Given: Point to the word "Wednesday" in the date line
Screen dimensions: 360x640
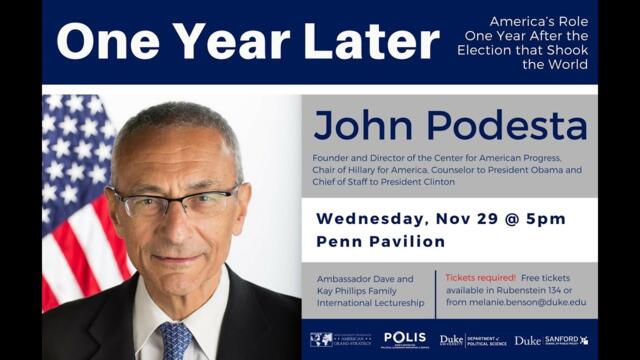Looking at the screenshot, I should (372, 219).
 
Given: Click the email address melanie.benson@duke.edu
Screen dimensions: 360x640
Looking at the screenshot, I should (531, 302).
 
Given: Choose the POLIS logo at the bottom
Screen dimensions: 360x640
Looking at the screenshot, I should (404, 339).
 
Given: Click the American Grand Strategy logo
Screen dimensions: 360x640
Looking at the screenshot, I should (340, 339).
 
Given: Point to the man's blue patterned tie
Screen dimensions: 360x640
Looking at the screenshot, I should (174, 340).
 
